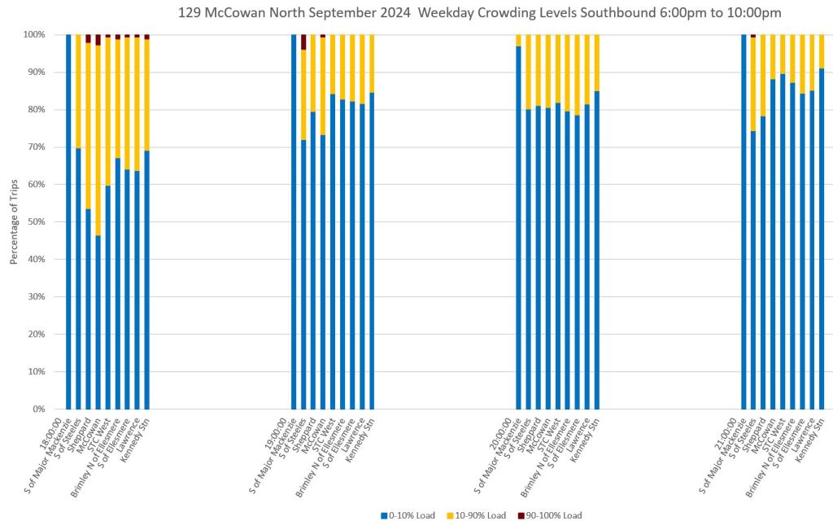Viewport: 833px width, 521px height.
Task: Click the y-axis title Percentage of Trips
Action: click(13, 222)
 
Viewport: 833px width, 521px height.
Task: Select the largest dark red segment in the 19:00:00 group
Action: click(303, 42)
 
